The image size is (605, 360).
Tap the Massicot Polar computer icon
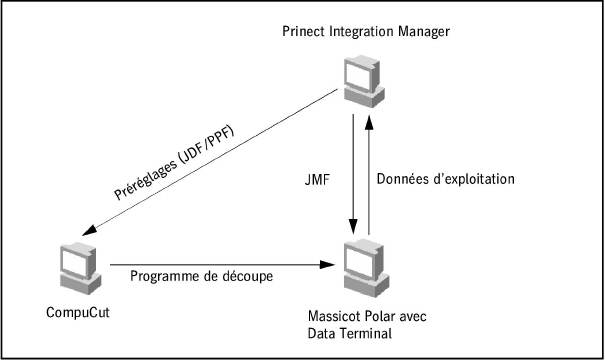359,262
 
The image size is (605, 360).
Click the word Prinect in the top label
305,33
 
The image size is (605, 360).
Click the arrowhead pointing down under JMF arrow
352,226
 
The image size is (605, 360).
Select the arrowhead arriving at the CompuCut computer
89,232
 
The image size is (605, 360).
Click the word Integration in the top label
362,33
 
